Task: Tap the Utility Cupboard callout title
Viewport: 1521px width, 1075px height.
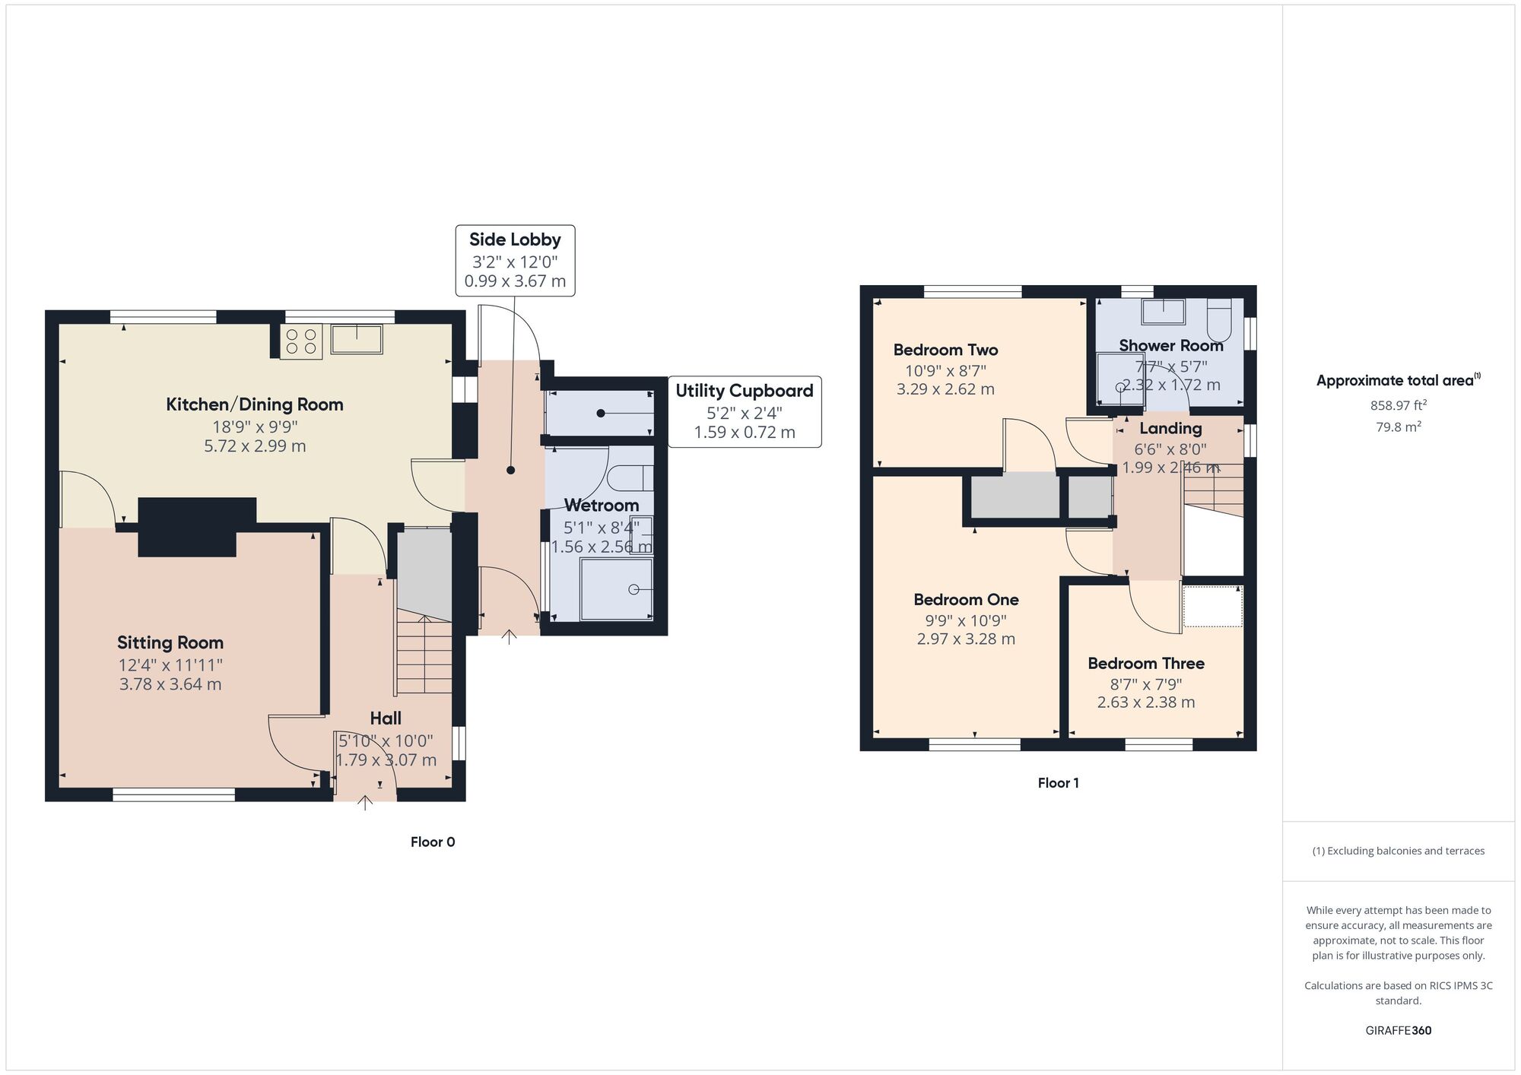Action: (745, 391)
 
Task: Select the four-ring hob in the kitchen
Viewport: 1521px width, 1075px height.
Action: (302, 341)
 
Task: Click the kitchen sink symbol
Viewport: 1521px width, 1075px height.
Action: (357, 339)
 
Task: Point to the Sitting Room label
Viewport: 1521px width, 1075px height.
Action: (170, 643)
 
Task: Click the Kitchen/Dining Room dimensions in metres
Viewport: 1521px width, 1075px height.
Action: (255, 446)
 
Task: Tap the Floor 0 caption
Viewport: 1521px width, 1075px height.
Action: (433, 842)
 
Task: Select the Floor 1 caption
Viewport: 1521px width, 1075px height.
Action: (1059, 783)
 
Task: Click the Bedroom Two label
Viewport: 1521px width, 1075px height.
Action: (945, 350)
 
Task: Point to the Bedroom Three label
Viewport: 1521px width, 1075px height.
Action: (1146, 664)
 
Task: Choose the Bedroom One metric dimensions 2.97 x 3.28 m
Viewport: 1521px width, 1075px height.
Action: (966, 639)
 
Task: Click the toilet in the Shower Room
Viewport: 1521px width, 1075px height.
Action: (1218, 319)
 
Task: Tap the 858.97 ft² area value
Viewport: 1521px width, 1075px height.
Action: (1399, 406)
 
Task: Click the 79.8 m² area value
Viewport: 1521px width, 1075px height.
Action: (1399, 427)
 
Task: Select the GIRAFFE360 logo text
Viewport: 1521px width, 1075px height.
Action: (1399, 1031)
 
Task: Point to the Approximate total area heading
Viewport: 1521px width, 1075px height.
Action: (1399, 381)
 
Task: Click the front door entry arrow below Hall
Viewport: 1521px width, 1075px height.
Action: (365, 803)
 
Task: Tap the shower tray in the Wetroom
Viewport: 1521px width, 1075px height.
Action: (617, 589)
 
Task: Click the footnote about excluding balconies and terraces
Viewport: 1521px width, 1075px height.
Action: (1399, 851)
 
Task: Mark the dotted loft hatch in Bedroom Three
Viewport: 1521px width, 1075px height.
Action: (1213, 607)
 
